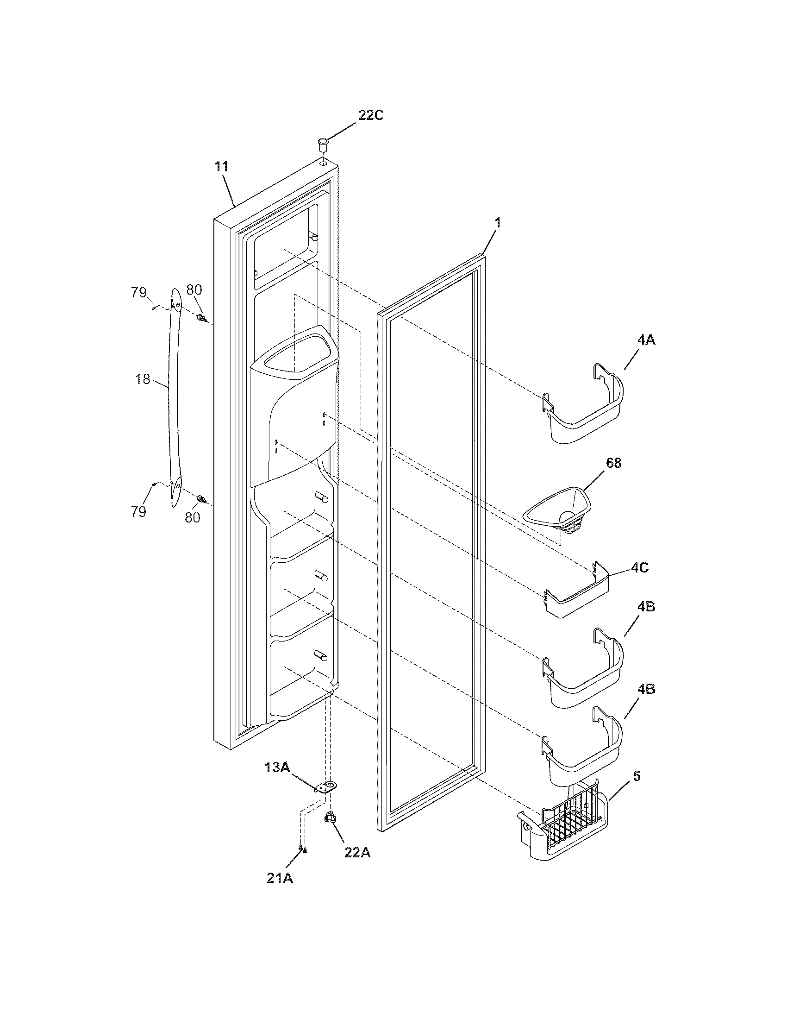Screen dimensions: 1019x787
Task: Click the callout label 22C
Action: coord(371,115)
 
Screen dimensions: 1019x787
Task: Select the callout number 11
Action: coord(221,167)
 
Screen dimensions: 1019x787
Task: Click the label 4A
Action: coord(646,340)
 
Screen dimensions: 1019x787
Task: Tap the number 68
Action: coord(613,463)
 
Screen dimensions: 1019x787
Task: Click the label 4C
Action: coord(640,568)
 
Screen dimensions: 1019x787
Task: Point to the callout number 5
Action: coord(637,776)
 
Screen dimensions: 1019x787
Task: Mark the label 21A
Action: coord(280,878)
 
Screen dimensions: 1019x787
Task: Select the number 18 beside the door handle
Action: coord(143,379)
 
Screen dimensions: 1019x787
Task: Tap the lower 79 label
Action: coord(138,512)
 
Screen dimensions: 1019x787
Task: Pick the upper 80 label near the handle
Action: coord(194,290)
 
